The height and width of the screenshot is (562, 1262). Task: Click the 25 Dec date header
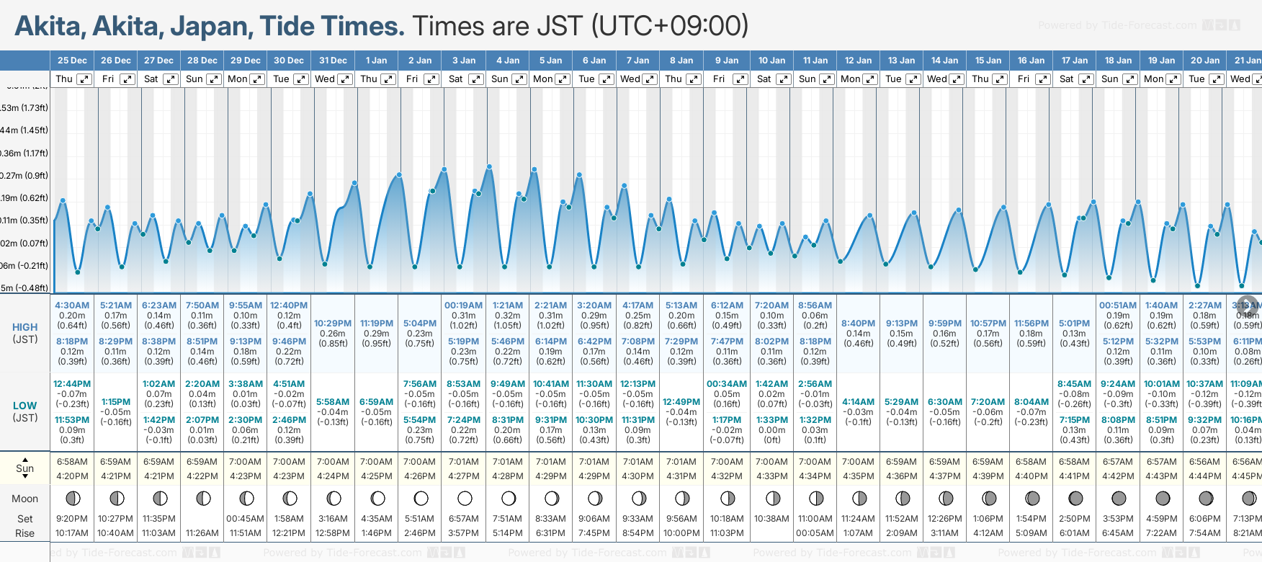pos(72,61)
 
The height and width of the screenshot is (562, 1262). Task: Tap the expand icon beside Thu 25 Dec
pos(84,79)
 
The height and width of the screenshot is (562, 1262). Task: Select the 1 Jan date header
pos(376,61)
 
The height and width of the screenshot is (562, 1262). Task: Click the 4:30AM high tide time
pos(72,305)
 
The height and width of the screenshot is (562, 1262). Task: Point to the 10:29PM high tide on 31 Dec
pos(333,324)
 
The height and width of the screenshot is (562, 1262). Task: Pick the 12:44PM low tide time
pos(72,384)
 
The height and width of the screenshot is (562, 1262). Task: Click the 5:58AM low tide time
pos(333,402)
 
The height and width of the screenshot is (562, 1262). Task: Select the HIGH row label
pos(24,327)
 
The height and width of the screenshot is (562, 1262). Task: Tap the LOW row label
pos(24,406)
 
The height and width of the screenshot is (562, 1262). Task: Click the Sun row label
pos(24,468)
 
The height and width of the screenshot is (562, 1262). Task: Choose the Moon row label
pos(24,499)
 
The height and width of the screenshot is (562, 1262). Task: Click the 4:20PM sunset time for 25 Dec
pos(72,476)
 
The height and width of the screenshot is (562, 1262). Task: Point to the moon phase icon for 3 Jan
pos(465,498)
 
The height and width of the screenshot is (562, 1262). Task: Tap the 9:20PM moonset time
pos(72,519)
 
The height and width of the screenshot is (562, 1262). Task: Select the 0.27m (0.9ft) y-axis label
pos(24,175)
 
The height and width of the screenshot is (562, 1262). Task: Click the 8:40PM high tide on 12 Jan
pos(858,324)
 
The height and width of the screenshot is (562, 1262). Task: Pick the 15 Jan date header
pos(988,61)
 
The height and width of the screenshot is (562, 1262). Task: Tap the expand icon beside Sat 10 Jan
pos(784,79)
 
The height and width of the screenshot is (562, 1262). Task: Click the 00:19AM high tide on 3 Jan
pos(463,305)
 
